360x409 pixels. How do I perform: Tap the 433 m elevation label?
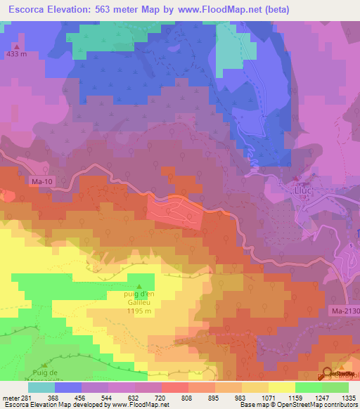point(15,53)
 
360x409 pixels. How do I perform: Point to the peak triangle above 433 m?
point(15,45)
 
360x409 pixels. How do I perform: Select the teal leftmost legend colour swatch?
point(41,387)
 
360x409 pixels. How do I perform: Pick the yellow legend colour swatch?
point(281,387)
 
